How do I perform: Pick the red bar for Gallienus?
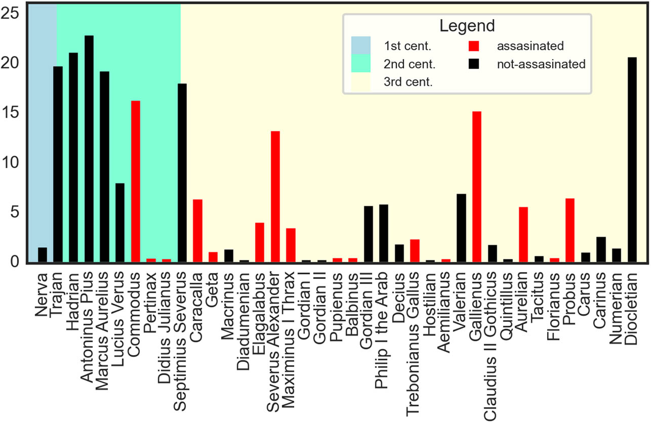(x=477, y=187)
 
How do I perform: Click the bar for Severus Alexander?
(x=275, y=197)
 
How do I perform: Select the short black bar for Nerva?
(x=43, y=255)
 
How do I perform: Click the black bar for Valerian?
(x=461, y=228)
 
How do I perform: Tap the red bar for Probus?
(x=570, y=230)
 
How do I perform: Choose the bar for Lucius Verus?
(x=120, y=223)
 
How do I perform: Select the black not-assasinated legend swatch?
(x=474, y=64)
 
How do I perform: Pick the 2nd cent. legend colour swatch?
(x=361, y=64)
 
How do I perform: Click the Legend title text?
(x=467, y=26)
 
